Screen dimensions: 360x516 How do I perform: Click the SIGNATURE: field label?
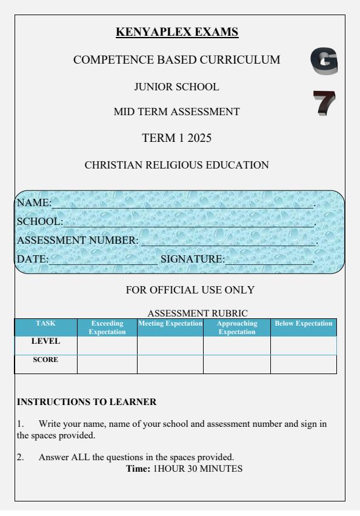pyautogui.click(x=192, y=260)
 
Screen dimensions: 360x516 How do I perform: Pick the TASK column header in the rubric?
pyautogui.click(x=45, y=324)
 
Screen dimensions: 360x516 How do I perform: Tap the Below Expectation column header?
pyautogui.click(x=304, y=324)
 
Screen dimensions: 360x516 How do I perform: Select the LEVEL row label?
pyautogui.click(x=45, y=341)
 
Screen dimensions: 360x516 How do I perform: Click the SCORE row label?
pyautogui.click(x=45, y=360)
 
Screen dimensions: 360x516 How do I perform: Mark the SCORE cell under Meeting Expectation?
pyautogui.click(x=170, y=364)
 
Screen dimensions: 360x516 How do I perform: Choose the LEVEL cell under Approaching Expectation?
pyautogui.click(x=236, y=345)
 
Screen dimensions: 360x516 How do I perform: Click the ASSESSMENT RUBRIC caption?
pyautogui.click(x=198, y=313)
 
